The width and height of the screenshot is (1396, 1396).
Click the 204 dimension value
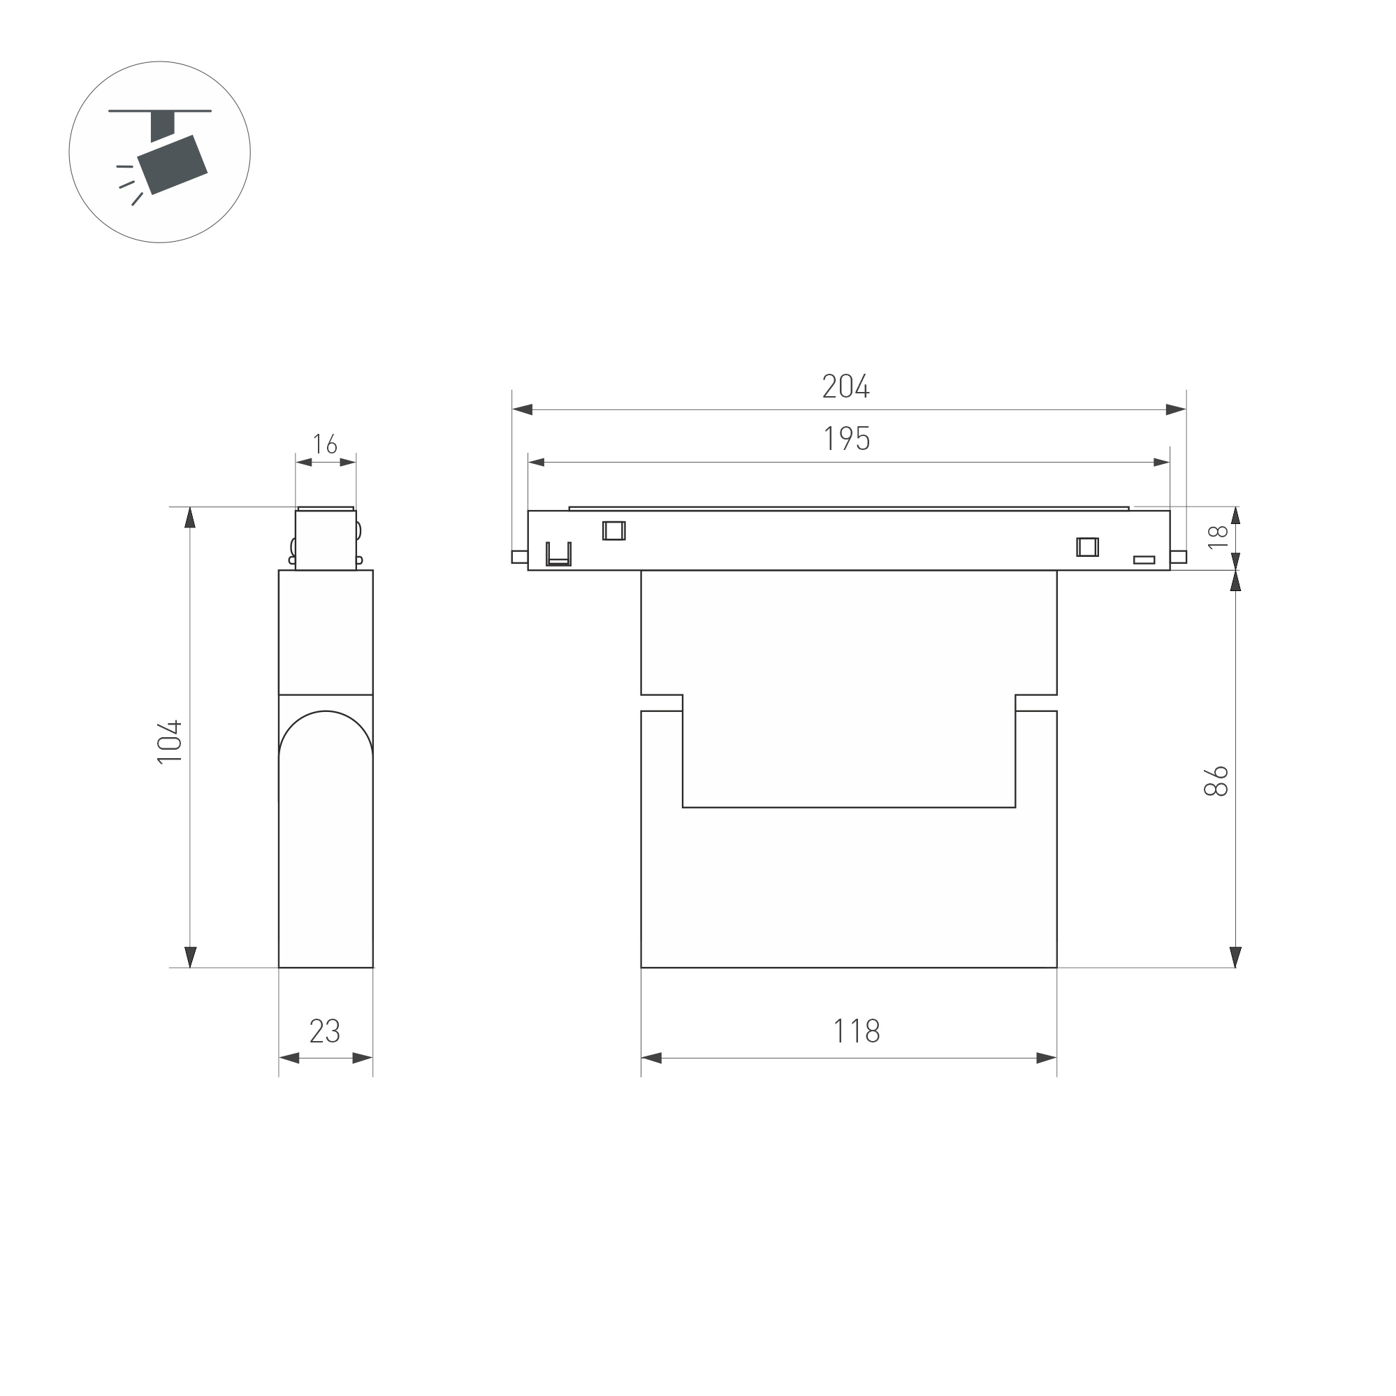tap(845, 386)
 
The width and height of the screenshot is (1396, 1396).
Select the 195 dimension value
tap(847, 439)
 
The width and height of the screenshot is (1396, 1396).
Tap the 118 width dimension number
tap(856, 1031)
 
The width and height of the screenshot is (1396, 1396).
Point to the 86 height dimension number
tap(1217, 781)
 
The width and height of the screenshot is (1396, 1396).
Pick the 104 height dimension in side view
tap(170, 742)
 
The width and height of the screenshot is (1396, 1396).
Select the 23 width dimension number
tap(324, 1031)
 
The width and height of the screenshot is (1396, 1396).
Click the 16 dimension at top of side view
tap(325, 444)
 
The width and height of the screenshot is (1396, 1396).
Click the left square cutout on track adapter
tap(613, 530)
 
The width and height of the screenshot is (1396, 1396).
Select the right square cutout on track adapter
tap(1086, 547)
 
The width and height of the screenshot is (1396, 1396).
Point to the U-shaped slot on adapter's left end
tap(558, 555)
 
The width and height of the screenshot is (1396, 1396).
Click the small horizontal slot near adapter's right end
tap(1144, 560)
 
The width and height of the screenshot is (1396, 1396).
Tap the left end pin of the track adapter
tap(519, 556)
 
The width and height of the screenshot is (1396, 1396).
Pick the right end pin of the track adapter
tap(1179, 556)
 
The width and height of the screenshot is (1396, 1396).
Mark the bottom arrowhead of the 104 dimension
tap(191, 957)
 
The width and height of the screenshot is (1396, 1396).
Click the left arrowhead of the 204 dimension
tap(523, 409)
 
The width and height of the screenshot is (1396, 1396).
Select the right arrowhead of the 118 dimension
tap(1046, 1059)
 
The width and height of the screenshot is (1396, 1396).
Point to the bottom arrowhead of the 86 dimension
tap(1235, 957)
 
